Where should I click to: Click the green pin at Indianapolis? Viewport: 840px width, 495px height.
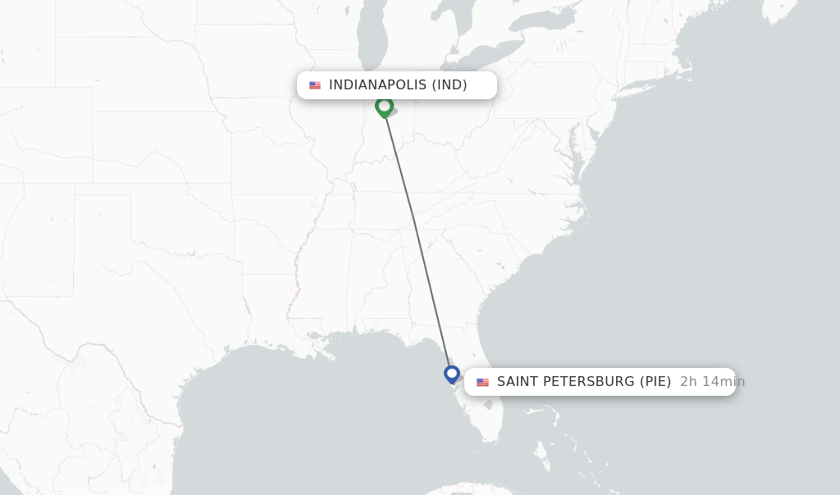click(384, 107)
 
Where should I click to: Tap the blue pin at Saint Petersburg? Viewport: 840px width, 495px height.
click(451, 374)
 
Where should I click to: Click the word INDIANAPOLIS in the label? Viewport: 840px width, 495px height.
click(378, 85)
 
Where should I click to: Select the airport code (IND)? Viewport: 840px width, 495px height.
click(450, 85)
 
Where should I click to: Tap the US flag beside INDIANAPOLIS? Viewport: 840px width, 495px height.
click(315, 85)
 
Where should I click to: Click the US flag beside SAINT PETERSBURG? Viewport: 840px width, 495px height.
click(482, 382)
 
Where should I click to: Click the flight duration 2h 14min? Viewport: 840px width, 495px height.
click(712, 382)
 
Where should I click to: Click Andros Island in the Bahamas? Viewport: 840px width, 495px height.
click(542, 451)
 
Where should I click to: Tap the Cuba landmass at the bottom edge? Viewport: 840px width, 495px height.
click(468, 489)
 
